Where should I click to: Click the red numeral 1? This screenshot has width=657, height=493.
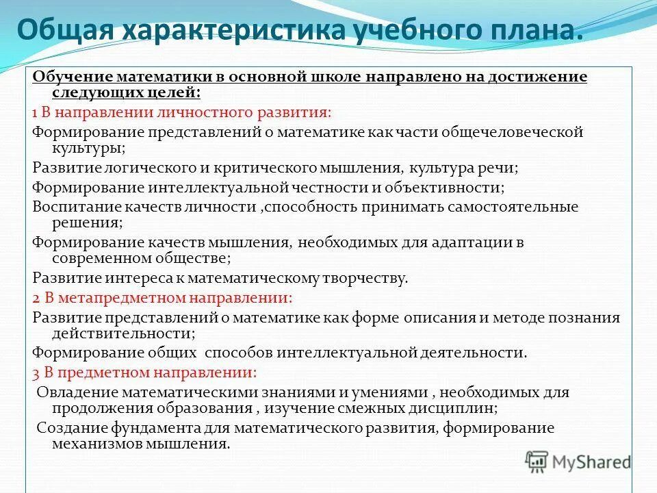point(34,112)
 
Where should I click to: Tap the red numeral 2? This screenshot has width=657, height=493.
point(36,298)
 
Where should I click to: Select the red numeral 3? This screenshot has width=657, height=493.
point(36,373)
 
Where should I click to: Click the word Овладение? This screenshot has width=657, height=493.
point(75,393)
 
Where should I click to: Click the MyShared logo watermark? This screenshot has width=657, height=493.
point(579,462)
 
